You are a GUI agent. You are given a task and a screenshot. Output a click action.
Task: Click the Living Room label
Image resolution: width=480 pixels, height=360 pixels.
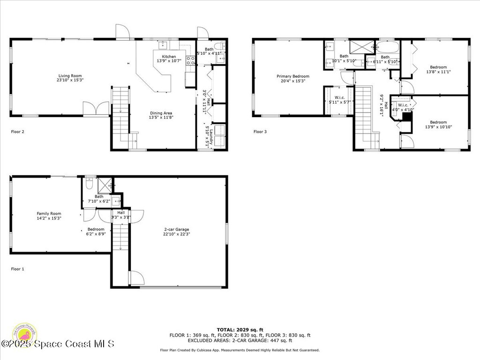coord(70,76)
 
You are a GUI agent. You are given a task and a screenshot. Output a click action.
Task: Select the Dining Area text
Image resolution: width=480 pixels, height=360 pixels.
coord(161,113)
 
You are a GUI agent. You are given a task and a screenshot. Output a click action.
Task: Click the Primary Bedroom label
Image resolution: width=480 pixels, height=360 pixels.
coord(292,76)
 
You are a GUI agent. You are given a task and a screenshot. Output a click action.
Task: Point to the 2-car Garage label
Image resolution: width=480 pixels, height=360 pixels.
coord(176,230)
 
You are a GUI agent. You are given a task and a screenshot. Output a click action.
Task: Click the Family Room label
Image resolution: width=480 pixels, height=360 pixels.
coord(49,214)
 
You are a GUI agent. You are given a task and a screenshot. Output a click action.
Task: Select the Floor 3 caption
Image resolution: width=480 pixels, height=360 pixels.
coord(260,132)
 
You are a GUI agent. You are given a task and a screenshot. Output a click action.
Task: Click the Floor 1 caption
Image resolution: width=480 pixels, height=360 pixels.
coord(17,269)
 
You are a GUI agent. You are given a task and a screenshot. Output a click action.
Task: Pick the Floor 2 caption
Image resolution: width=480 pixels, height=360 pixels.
coord(17,132)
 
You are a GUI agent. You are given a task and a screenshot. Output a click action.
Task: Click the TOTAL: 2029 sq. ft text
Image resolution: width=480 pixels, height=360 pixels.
coord(240,330)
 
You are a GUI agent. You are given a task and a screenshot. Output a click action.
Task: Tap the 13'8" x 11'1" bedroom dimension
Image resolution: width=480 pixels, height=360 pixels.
coord(438,72)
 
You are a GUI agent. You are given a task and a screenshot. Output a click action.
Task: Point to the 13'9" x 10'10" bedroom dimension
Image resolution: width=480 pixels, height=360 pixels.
coord(438,127)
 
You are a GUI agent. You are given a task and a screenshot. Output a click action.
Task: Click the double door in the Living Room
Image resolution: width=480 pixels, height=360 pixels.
coord(96,108)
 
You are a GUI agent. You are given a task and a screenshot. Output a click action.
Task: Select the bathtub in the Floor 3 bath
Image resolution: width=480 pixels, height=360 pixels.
coord(388,47)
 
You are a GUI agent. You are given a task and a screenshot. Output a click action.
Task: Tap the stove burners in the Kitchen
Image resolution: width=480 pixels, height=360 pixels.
coord(191,60)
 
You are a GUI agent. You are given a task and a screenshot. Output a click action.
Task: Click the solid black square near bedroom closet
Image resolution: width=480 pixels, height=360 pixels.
coord(407,116)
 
